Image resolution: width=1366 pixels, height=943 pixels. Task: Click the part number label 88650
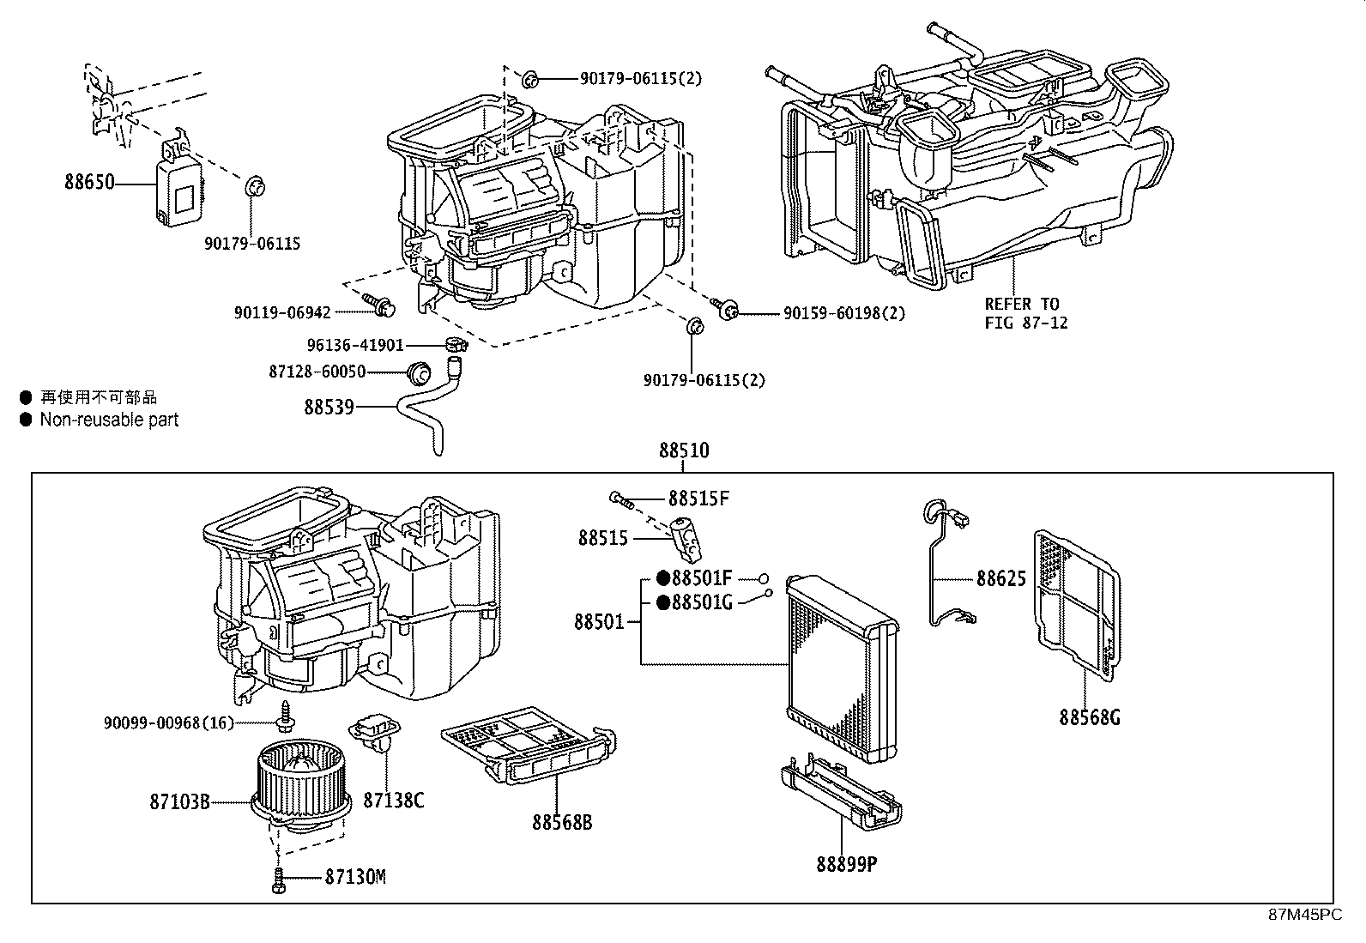88,182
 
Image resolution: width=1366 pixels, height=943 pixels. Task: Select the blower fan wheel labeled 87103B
296,781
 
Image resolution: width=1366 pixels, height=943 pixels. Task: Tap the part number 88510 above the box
684,450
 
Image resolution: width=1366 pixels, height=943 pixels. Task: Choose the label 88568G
1089,716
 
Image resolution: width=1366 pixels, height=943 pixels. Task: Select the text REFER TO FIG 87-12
1025,313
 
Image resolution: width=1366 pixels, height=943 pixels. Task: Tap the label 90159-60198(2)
843,314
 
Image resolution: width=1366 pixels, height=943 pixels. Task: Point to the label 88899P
846,863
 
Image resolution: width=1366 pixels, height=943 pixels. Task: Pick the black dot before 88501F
662,577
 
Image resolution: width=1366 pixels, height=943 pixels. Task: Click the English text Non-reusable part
109,420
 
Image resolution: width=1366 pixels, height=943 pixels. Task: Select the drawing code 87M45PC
1305,915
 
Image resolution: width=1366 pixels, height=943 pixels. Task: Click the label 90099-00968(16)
168,722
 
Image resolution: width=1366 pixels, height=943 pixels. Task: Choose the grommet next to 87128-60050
420,372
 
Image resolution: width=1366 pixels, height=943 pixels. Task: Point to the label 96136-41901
355,345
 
